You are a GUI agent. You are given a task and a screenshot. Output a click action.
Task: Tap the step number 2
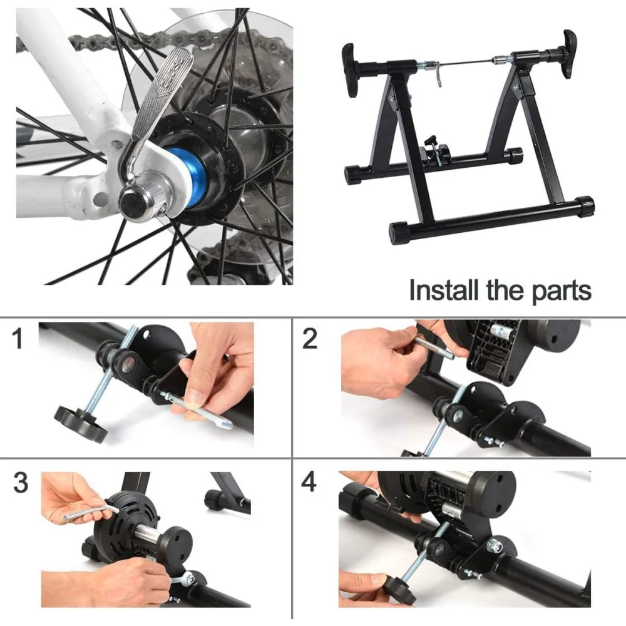click(x=310, y=339)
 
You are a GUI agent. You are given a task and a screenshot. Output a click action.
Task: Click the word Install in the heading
click(x=444, y=290)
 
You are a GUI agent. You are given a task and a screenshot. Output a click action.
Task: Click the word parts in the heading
click(x=561, y=292)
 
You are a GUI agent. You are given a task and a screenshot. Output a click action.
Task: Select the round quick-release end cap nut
click(x=131, y=205)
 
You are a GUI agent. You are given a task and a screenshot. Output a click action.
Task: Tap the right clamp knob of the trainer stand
click(x=569, y=53)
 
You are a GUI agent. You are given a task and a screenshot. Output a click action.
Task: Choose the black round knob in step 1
click(x=81, y=424)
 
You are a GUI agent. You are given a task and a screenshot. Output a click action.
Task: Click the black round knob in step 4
click(x=399, y=589)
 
